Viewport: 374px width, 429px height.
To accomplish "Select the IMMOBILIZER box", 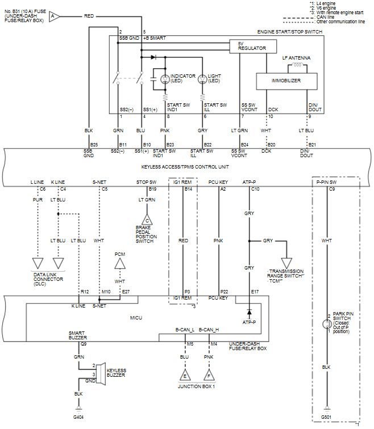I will click(x=286, y=81).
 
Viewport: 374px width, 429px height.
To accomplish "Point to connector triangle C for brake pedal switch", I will click(x=147, y=220).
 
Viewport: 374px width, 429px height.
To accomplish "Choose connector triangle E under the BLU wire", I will click(x=184, y=376).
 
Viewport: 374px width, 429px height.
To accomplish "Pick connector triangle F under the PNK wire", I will click(x=209, y=376).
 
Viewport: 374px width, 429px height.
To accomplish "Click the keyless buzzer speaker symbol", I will click(x=100, y=373).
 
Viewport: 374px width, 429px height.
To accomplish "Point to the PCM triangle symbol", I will click(x=120, y=262).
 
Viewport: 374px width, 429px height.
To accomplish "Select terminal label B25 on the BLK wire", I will click(x=94, y=145).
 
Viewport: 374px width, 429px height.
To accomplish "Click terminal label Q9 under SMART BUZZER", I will click(x=83, y=344).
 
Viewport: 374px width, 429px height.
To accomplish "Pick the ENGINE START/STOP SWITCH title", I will click(x=290, y=32).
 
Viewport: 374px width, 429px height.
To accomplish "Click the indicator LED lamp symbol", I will click(x=165, y=79).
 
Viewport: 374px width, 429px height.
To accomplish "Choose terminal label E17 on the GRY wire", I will click(x=255, y=292).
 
